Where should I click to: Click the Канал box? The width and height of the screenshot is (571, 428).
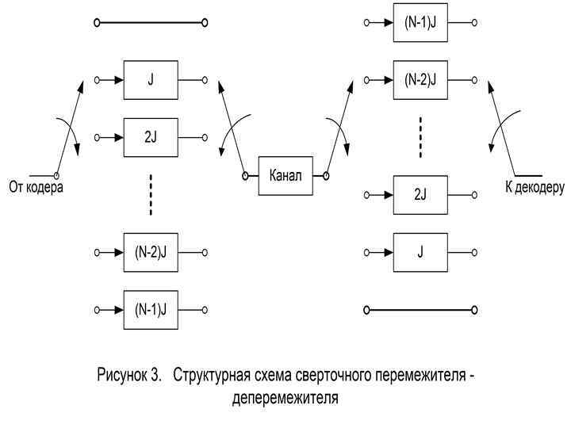coord(285,174)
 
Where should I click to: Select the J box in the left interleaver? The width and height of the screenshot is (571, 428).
coord(151,80)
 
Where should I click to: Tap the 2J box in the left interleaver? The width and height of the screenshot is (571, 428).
coord(151,136)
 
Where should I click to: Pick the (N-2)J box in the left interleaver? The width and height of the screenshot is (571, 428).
coord(151,252)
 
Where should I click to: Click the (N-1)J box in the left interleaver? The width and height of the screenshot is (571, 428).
coord(151,308)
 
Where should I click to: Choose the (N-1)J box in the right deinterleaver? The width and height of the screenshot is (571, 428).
coord(420,23)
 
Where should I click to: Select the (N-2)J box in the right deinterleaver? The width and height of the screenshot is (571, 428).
coord(420,79)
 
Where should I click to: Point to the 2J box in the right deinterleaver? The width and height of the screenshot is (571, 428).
coord(420,195)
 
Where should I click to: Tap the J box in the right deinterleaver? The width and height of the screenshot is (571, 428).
coord(420,251)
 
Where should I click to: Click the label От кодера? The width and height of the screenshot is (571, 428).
coord(35,188)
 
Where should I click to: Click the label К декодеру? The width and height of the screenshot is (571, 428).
coord(535,188)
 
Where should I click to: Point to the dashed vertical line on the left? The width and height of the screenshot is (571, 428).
coord(151,194)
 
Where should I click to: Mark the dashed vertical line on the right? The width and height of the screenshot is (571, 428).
coord(420,136)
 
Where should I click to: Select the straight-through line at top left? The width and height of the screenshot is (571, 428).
coord(151,24)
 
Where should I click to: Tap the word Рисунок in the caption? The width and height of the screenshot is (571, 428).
coord(122,374)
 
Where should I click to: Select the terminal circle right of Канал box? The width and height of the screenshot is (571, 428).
coord(326,174)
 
